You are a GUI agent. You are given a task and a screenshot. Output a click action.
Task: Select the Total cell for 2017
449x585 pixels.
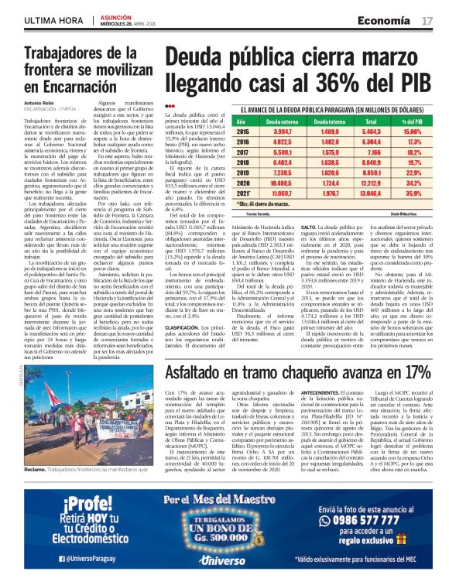pyautogui.click(x=372, y=153)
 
